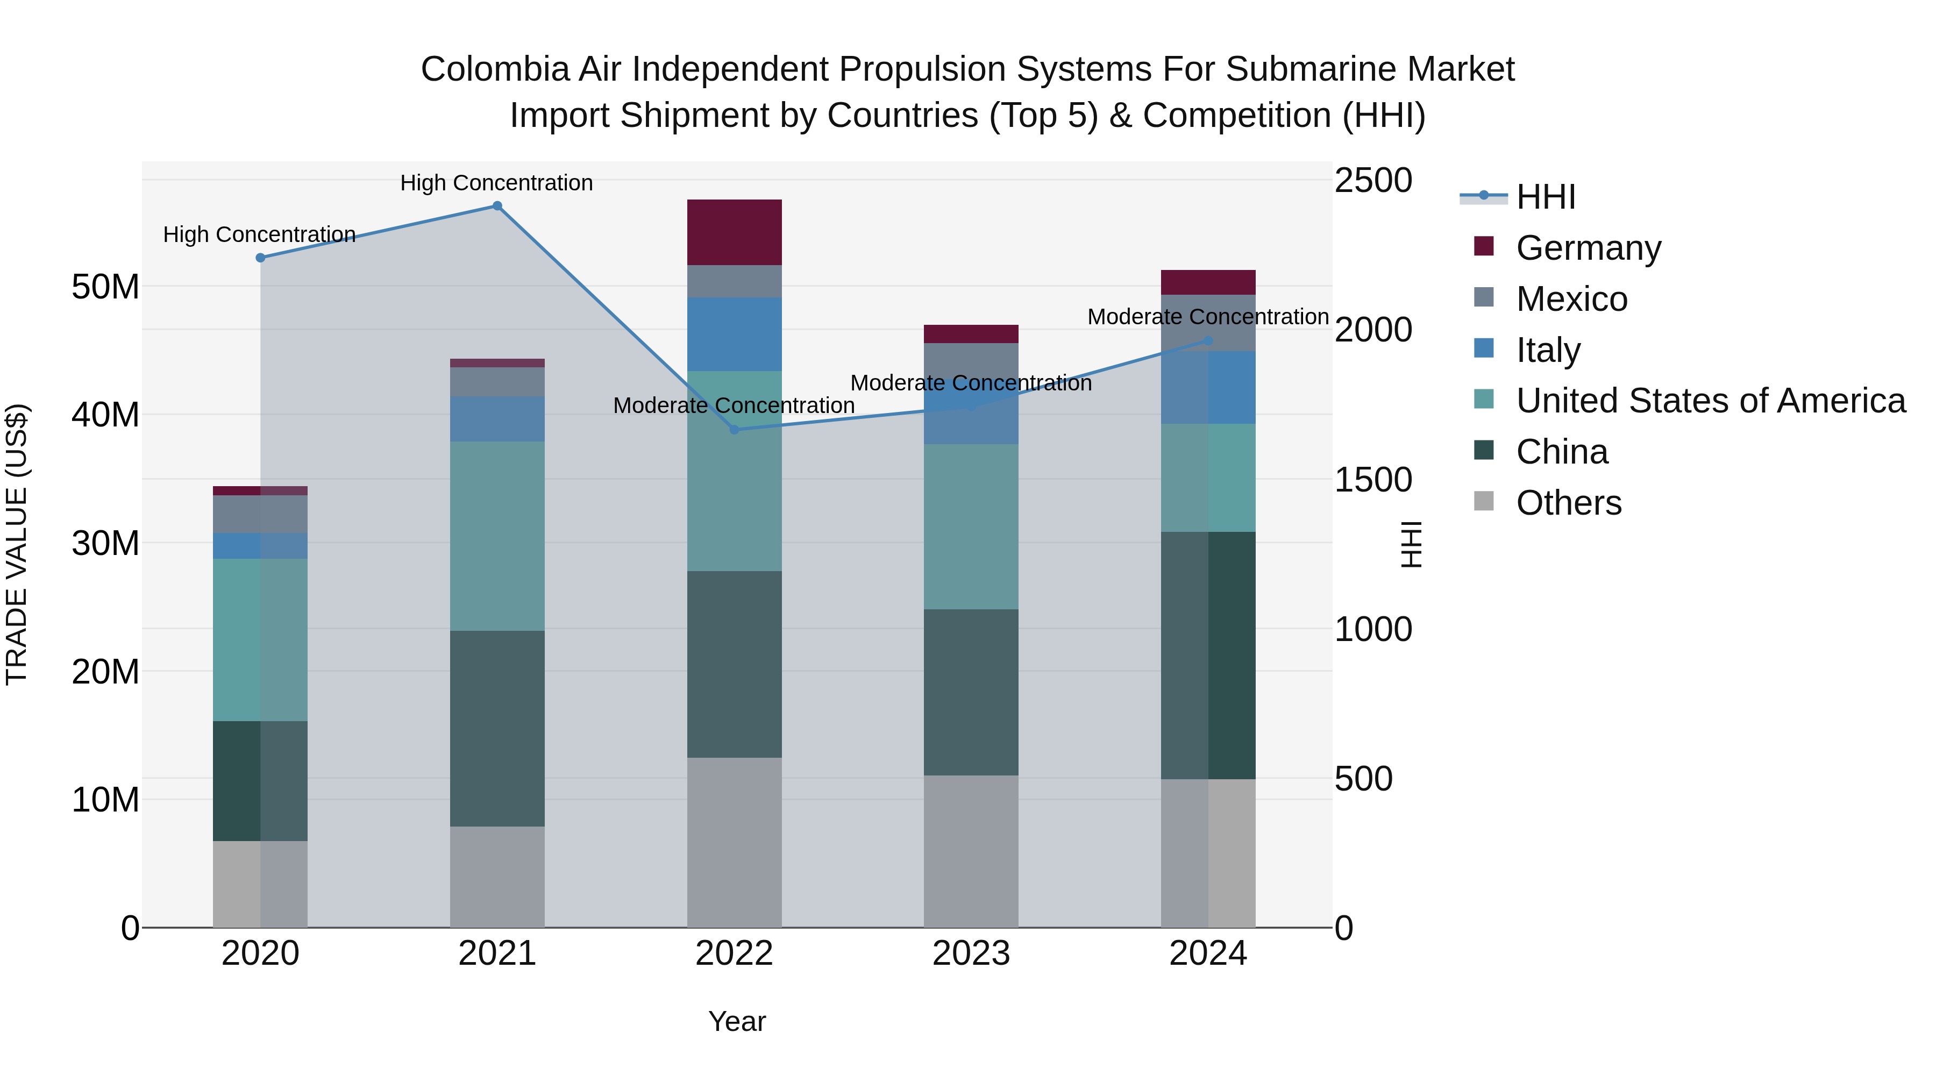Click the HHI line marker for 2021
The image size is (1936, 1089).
point(497,206)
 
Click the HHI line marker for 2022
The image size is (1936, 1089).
point(734,430)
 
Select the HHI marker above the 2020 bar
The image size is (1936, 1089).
point(260,258)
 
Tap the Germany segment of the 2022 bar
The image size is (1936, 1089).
point(734,232)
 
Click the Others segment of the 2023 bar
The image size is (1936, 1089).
point(971,851)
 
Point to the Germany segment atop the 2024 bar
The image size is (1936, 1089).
point(1208,282)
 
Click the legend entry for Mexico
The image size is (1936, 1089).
point(1571,299)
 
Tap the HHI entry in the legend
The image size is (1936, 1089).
point(1545,197)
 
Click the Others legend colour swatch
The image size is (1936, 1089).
point(1484,501)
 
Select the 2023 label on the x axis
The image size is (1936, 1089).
point(971,953)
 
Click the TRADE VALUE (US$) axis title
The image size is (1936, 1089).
point(17,544)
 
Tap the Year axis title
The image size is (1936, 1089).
point(737,1021)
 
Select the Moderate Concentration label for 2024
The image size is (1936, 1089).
point(1208,317)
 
